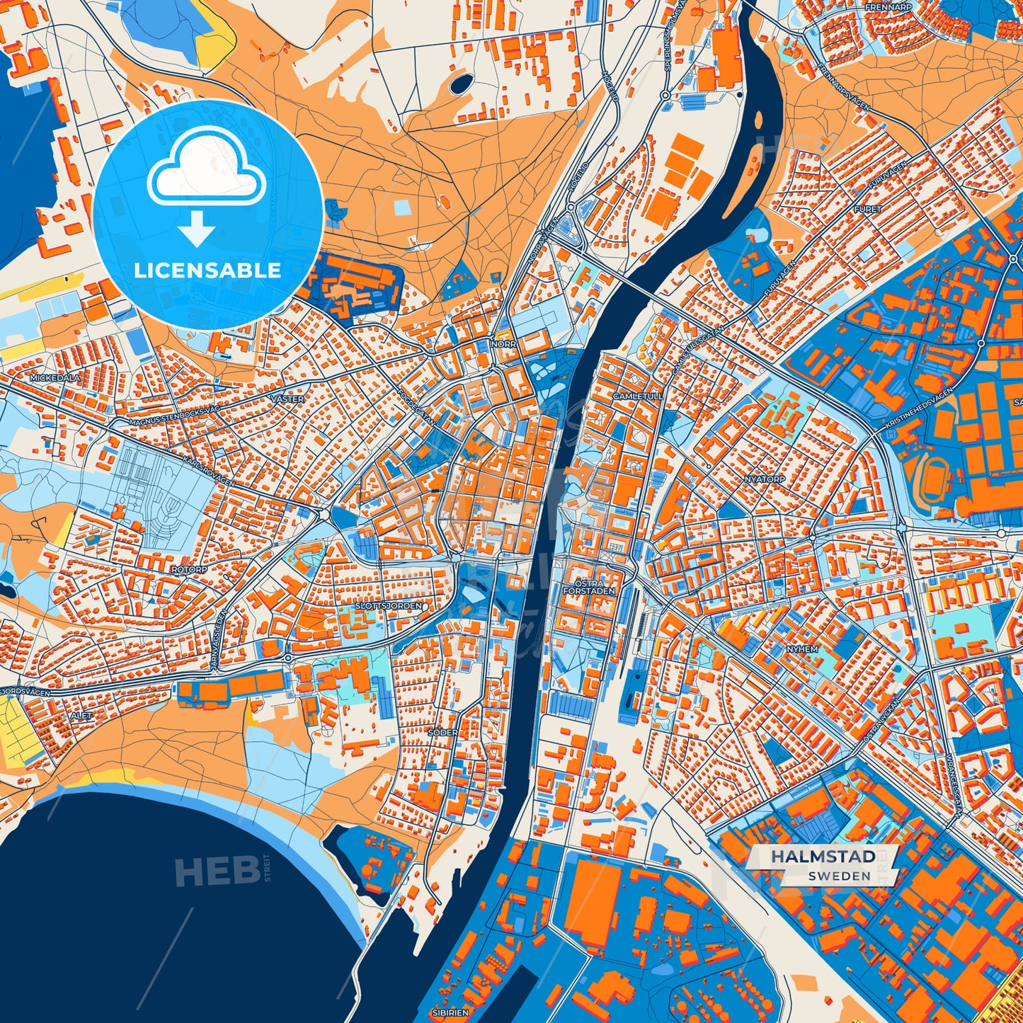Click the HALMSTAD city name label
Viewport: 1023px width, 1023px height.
(x=823, y=857)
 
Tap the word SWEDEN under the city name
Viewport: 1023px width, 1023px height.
(x=839, y=876)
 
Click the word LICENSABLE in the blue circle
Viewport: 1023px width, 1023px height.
(x=207, y=270)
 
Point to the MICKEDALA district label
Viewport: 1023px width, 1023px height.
(x=55, y=378)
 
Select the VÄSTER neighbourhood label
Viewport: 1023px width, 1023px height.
(x=287, y=399)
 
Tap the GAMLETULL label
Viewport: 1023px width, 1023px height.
(x=639, y=396)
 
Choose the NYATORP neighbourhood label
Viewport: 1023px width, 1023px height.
(x=765, y=479)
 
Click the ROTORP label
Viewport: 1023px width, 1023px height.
(x=189, y=569)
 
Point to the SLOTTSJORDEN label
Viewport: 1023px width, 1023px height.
(x=389, y=606)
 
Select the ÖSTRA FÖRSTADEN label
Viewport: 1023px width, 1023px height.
(x=589, y=587)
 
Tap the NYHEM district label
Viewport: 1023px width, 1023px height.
(x=802, y=648)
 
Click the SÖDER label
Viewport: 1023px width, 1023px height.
(x=442, y=732)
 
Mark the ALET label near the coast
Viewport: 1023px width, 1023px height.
(x=81, y=716)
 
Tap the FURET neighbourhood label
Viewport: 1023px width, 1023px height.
(x=867, y=209)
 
